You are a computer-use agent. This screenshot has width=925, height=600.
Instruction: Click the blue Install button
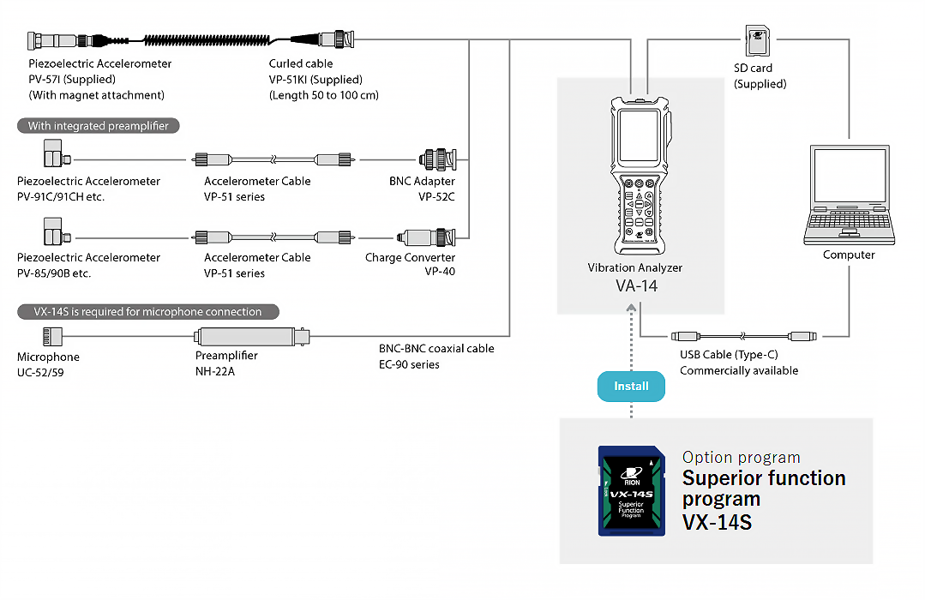click(x=631, y=386)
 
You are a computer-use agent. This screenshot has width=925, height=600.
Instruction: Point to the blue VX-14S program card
click(x=631, y=491)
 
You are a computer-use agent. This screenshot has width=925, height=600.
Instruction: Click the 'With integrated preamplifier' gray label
click(x=99, y=126)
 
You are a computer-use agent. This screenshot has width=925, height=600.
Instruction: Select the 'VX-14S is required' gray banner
click(x=148, y=312)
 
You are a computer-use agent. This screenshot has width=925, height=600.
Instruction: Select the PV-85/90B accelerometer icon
click(x=55, y=231)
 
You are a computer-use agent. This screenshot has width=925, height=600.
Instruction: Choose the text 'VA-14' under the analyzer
click(x=635, y=286)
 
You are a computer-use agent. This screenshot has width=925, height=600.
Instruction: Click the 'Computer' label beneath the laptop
click(x=849, y=255)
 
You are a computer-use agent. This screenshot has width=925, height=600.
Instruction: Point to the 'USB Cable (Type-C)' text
click(x=729, y=355)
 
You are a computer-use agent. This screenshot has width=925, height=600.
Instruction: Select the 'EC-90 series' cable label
click(x=409, y=364)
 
